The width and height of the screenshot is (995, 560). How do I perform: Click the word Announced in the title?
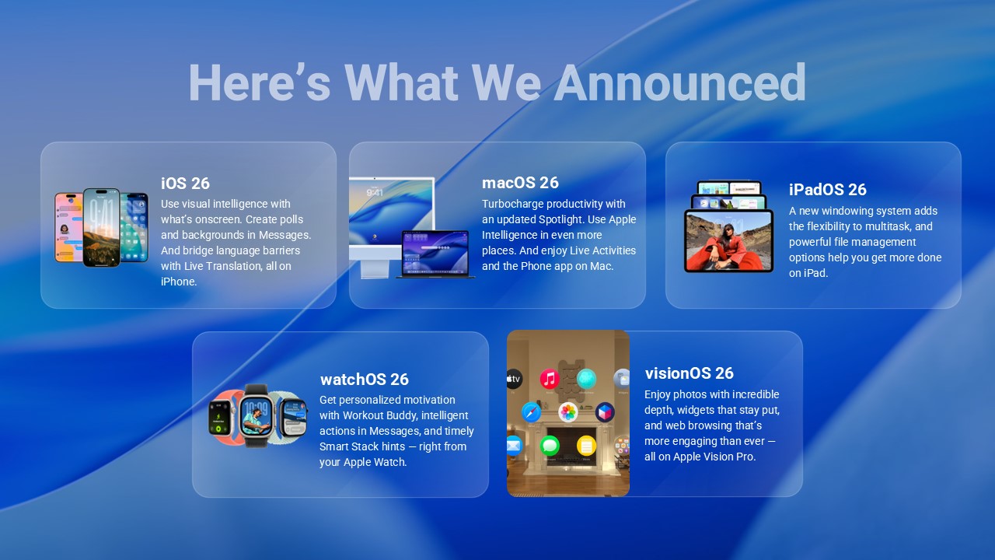click(x=679, y=82)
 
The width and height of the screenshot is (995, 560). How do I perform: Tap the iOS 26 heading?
click(x=185, y=184)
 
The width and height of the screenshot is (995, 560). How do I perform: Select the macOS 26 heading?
click(x=520, y=183)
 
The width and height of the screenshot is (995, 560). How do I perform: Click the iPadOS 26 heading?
click(x=827, y=190)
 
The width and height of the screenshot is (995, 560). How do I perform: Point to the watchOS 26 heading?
click(x=364, y=380)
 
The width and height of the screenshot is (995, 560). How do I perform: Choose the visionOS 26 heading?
click(x=689, y=373)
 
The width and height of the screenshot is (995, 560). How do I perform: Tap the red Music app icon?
click(x=550, y=379)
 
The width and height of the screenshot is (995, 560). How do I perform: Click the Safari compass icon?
click(x=532, y=411)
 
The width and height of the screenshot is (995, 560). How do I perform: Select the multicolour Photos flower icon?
click(x=568, y=412)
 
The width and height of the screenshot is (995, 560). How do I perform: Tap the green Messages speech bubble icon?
click(x=550, y=446)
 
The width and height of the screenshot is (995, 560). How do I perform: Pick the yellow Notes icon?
click(x=586, y=446)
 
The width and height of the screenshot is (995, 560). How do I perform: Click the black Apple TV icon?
click(x=514, y=379)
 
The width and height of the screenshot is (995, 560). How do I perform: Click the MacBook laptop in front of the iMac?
click(x=435, y=254)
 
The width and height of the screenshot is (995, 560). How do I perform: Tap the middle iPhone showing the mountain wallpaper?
click(x=102, y=227)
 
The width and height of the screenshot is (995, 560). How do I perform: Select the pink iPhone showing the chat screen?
click(x=68, y=227)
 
